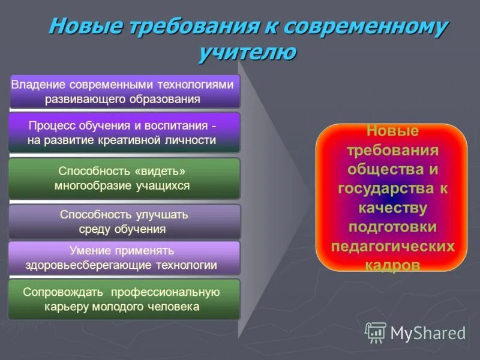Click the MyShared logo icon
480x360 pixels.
[376, 332]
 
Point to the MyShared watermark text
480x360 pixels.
[428, 332]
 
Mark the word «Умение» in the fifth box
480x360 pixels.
[89, 250]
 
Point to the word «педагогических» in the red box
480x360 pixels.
[392, 247]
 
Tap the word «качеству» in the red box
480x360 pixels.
[392, 208]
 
